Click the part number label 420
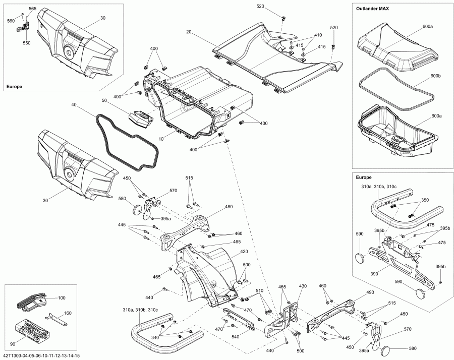click(x=244, y=251)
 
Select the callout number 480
click(x=229, y=207)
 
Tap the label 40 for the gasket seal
click(x=74, y=105)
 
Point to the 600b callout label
click(x=436, y=76)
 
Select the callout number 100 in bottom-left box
click(x=62, y=298)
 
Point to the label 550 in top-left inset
click(x=26, y=43)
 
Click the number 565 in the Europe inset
click(x=32, y=9)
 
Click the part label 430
click(x=303, y=286)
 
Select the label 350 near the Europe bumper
click(x=425, y=200)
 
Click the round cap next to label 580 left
click(x=136, y=209)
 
